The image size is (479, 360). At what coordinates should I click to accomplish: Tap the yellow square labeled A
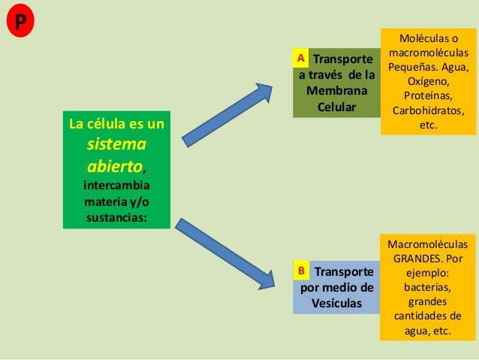300,58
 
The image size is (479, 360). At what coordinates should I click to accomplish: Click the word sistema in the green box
116,144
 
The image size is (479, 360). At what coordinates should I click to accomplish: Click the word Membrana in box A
336,91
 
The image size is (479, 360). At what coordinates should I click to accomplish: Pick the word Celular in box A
336,107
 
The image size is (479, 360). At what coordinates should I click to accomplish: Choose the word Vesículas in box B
336,303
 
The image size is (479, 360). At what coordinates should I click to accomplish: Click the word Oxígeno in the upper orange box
428,81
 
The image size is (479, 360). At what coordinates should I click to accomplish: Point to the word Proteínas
428,96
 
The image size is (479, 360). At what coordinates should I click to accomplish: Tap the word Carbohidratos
428,111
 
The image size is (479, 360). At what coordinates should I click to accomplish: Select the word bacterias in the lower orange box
428,287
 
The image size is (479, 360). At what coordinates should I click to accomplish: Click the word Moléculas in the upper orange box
428,38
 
